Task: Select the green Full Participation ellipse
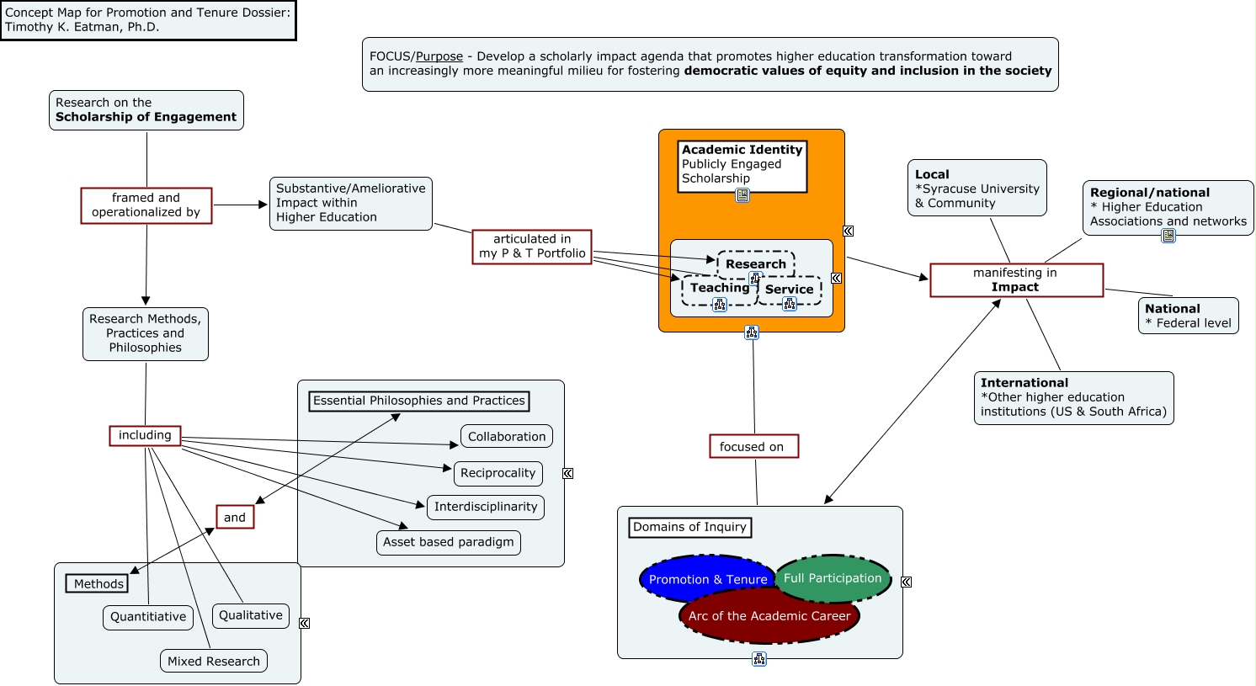click(x=833, y=578)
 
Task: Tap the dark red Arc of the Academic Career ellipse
click(x=769, y=616)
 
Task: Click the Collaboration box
click(x=507, y=437)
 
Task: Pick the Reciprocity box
click(x=498, y=473)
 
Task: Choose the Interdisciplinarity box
click(x=486, y=507)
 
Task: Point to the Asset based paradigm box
click(x=449, y=543)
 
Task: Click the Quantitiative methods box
click(x=148, y=617)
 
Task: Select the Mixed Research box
click(x=214, y=662)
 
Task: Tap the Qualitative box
click(x=251, y=615)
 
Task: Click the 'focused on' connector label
click(x=754, y=447)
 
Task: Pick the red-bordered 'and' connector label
click(x=235, y=518)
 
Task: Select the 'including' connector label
click(x=146, y=435)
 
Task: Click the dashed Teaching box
click(x=720, y=289)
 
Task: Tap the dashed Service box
click(x=790, y=290)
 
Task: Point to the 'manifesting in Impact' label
click(x=1017, y=280)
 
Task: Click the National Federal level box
click(x=1188, y=316)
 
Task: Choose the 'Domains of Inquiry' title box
click(x=689, y=528)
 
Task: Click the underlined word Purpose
click(x=439, y=56)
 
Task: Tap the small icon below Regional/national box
click(x=1168, y=236)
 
